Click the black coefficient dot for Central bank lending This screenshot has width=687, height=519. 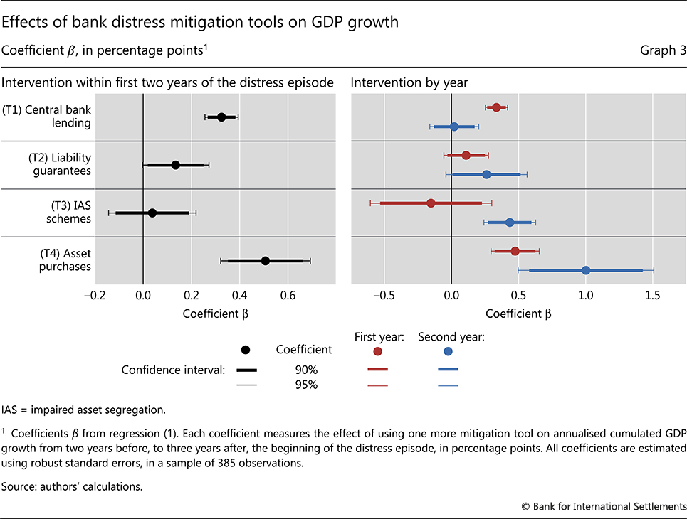221,117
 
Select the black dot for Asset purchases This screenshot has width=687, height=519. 266,261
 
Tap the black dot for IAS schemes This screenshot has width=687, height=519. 152,213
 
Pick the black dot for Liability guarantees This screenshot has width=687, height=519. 175,165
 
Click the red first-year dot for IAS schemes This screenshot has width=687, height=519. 431,203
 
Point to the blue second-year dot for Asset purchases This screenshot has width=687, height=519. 586,270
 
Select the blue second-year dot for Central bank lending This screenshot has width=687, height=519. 455,127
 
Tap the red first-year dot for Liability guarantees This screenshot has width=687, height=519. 466,155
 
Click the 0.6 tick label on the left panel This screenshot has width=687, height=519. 288,296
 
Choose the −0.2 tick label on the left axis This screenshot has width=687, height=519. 93,296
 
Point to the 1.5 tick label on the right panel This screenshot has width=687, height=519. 652,296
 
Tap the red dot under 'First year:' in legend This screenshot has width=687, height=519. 377,351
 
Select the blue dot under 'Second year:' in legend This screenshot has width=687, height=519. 448,351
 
